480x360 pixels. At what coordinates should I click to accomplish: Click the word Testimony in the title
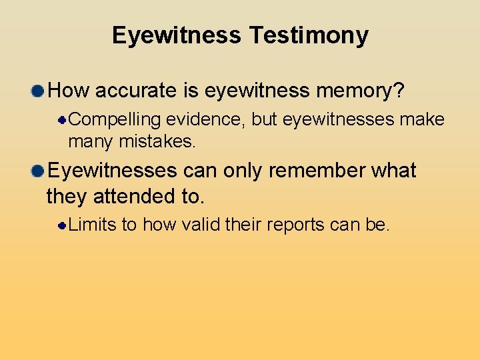click(x=309, y=35)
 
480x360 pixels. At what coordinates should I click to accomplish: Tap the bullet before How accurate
click(x=38, y=91)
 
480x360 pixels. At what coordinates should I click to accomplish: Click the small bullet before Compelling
click(x=61, y=121)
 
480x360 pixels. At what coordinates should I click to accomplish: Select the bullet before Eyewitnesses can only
click(x=38, y=171)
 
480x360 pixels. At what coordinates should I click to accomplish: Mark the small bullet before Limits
click(x=61, y=226)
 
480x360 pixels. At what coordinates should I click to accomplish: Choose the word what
click(x=393, y=171)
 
